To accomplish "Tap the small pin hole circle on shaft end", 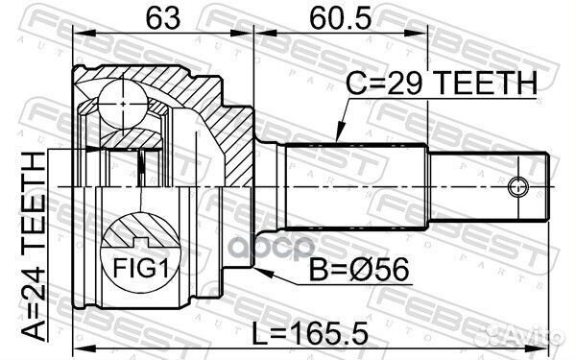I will point(519,185).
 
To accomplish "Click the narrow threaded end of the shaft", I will point(490,185).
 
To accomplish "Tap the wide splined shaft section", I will point(355,185).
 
